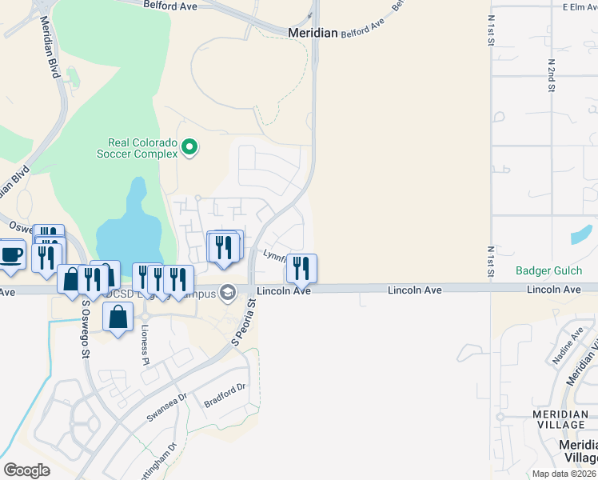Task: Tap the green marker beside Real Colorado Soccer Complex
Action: [x=189, y=146]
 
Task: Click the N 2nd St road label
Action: [x=552, y=74]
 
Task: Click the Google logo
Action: [x=26, y=470]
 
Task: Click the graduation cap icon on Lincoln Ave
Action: [x=229, y=292]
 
